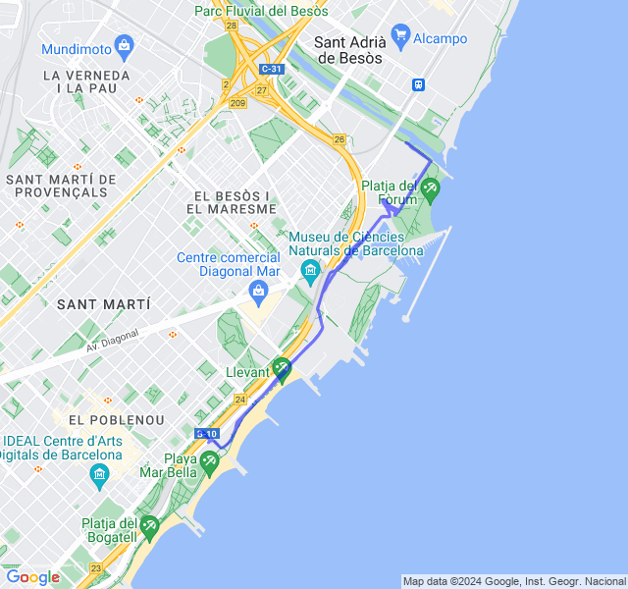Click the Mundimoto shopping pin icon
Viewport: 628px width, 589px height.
[124, 44]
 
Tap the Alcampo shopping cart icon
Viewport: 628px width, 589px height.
[399, 37]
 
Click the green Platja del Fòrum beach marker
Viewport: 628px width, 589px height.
[430, 186]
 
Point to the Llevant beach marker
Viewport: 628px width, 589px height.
[282, 368]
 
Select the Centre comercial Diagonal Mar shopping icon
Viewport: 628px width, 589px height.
[259, 290]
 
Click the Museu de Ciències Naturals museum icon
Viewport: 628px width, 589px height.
[311, 269]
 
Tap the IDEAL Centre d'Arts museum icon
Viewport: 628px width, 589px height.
[99, 475]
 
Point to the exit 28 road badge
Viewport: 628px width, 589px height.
[231, 26]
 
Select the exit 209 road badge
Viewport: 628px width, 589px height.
[237, 102]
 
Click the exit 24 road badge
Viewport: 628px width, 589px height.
[239, 400]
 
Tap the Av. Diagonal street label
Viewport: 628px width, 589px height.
[113, 340]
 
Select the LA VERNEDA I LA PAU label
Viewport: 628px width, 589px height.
[86, 81]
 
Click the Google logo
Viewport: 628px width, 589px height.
[32, 577]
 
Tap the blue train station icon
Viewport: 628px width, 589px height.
[419, 84]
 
